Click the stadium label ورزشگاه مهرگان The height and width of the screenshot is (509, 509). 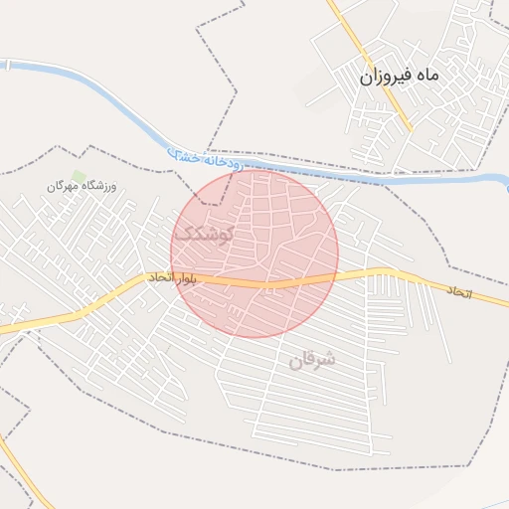pos(82,187)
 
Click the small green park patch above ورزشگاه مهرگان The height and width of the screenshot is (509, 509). pos(79,175)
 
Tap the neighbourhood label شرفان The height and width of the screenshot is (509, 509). pos(312,360)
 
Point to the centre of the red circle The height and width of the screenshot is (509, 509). pos(254,254)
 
